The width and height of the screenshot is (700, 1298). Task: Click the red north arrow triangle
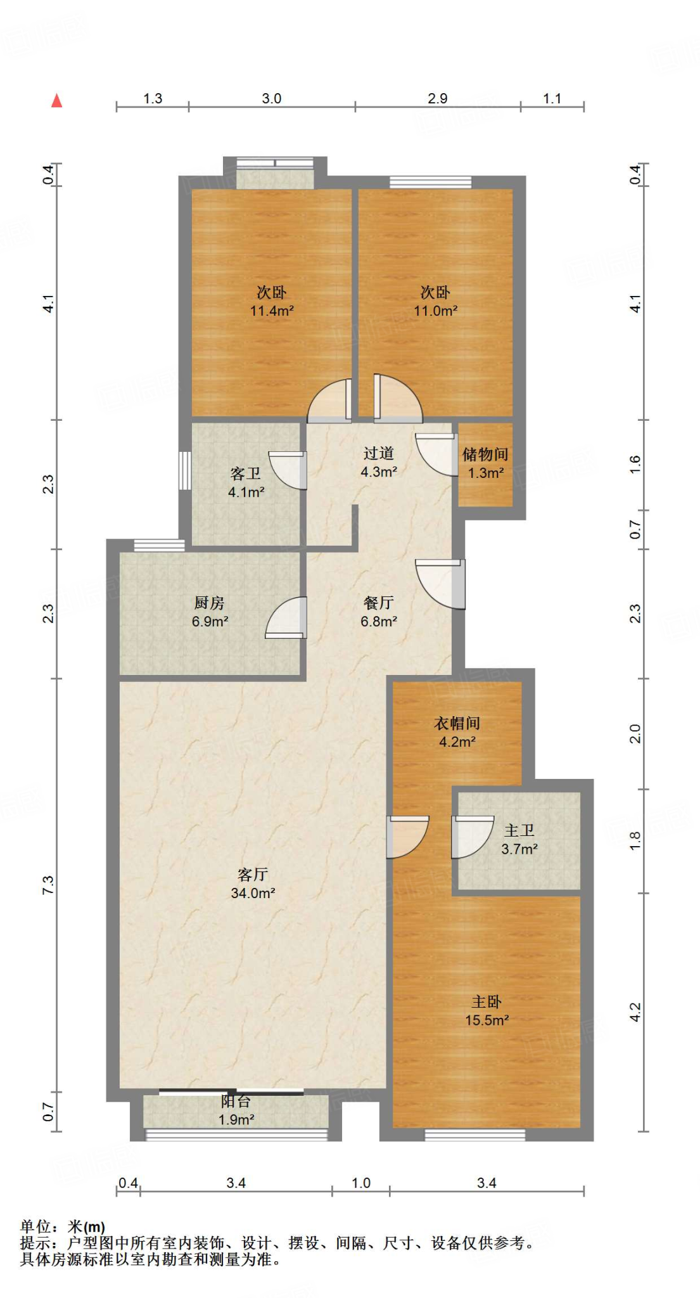57,100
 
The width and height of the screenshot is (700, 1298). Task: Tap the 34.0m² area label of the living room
253,893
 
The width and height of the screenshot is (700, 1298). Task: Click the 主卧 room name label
487,1002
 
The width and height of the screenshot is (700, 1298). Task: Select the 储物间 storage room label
485,454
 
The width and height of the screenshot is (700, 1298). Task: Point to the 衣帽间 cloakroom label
457,723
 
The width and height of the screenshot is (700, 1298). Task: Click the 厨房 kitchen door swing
286,618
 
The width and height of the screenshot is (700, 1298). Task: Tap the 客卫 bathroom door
288,470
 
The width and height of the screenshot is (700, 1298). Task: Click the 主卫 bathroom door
472,837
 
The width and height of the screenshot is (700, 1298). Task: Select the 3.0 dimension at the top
272,99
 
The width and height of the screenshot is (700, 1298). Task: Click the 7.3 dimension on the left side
48,885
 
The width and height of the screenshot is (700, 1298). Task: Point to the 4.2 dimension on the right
635,1012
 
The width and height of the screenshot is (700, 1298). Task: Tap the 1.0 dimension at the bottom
361,1183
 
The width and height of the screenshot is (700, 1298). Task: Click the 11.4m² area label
272,311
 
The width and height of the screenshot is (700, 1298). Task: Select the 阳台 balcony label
236,1102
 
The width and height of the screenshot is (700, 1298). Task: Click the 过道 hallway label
379,453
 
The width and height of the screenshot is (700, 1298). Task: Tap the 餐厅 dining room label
379,603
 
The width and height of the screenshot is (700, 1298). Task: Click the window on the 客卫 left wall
184,470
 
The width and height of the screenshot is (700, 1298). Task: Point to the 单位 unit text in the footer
35,1226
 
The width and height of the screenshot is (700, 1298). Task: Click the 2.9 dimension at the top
438,99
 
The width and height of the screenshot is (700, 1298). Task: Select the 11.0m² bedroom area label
436,311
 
